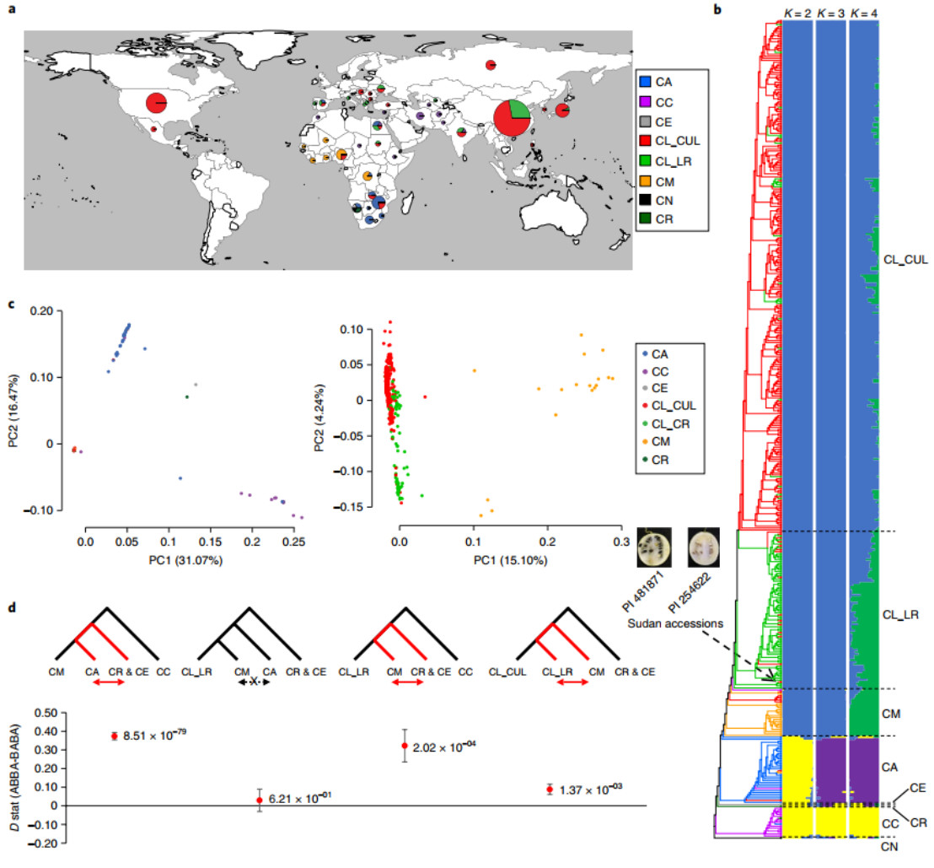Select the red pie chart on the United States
click(156, 103)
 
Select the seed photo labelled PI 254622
click(703, 544)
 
